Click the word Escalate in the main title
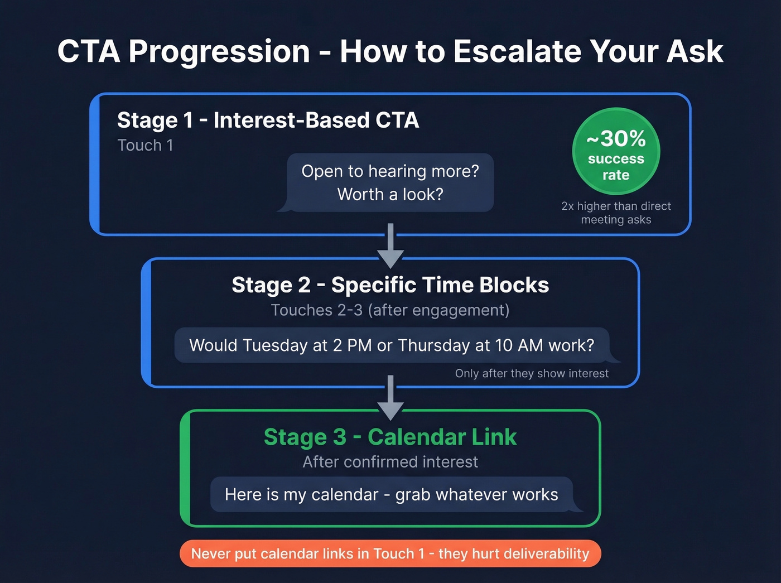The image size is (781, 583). pos(517,51)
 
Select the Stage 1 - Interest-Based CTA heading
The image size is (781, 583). pos(268,121)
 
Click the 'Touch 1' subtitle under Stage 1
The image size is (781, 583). pos(145,146)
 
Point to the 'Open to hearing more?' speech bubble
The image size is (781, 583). pos(390,183)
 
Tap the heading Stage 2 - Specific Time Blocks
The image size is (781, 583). pos(390,285)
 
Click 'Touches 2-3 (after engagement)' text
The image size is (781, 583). pos(390,310)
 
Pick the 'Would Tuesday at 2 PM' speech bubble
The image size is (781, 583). pos(392,345)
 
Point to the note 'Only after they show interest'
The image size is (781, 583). pos(532,373)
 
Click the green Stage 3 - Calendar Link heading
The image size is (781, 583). pos(390,437)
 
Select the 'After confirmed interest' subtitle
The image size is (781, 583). pos(390,462)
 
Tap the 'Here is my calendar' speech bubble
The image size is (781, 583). pos(392,494)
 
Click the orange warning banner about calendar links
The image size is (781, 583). pos(390,553)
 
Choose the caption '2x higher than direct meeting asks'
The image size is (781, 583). pos(616,213)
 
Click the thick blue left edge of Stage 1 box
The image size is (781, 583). pos(95,165)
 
